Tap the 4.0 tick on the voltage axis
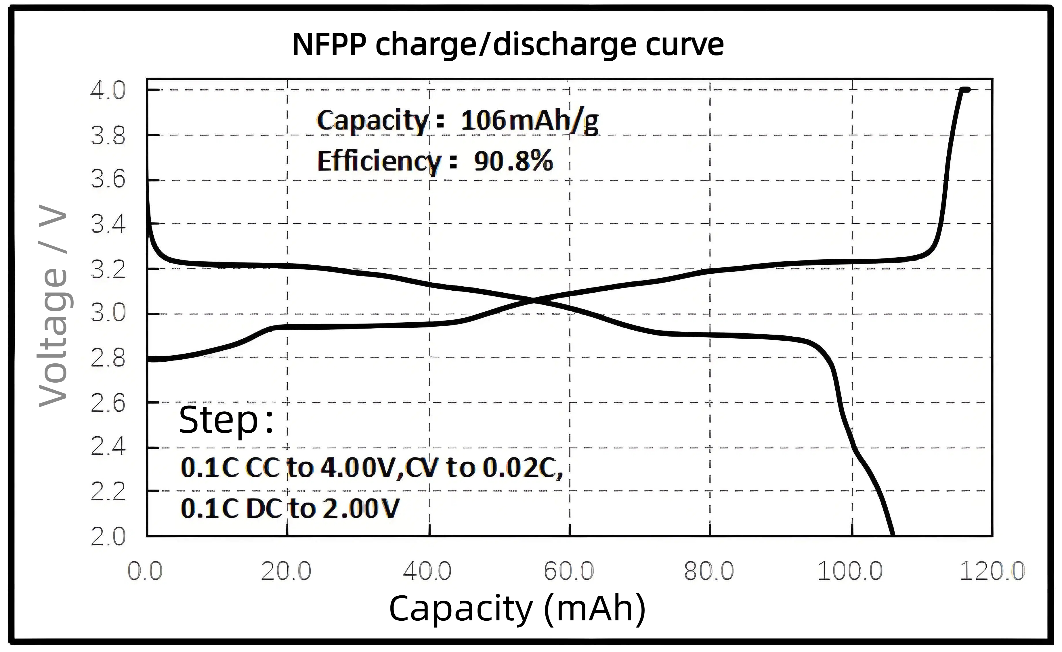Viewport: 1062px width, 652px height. click(108, 91)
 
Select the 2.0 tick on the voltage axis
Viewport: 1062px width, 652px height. click(108, 537)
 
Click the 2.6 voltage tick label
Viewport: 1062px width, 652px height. click(108, 403)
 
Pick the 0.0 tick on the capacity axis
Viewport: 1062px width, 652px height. click(145, 572)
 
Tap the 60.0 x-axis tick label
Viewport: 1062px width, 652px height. click(568, 572)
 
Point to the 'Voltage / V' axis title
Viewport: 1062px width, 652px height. click(53, 306)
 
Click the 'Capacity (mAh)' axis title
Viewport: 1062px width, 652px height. click(517, 609)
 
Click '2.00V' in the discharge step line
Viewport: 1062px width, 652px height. click(361, 509)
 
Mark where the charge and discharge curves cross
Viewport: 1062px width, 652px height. click(534, 301)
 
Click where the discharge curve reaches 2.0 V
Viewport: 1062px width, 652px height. click(892, 535)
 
